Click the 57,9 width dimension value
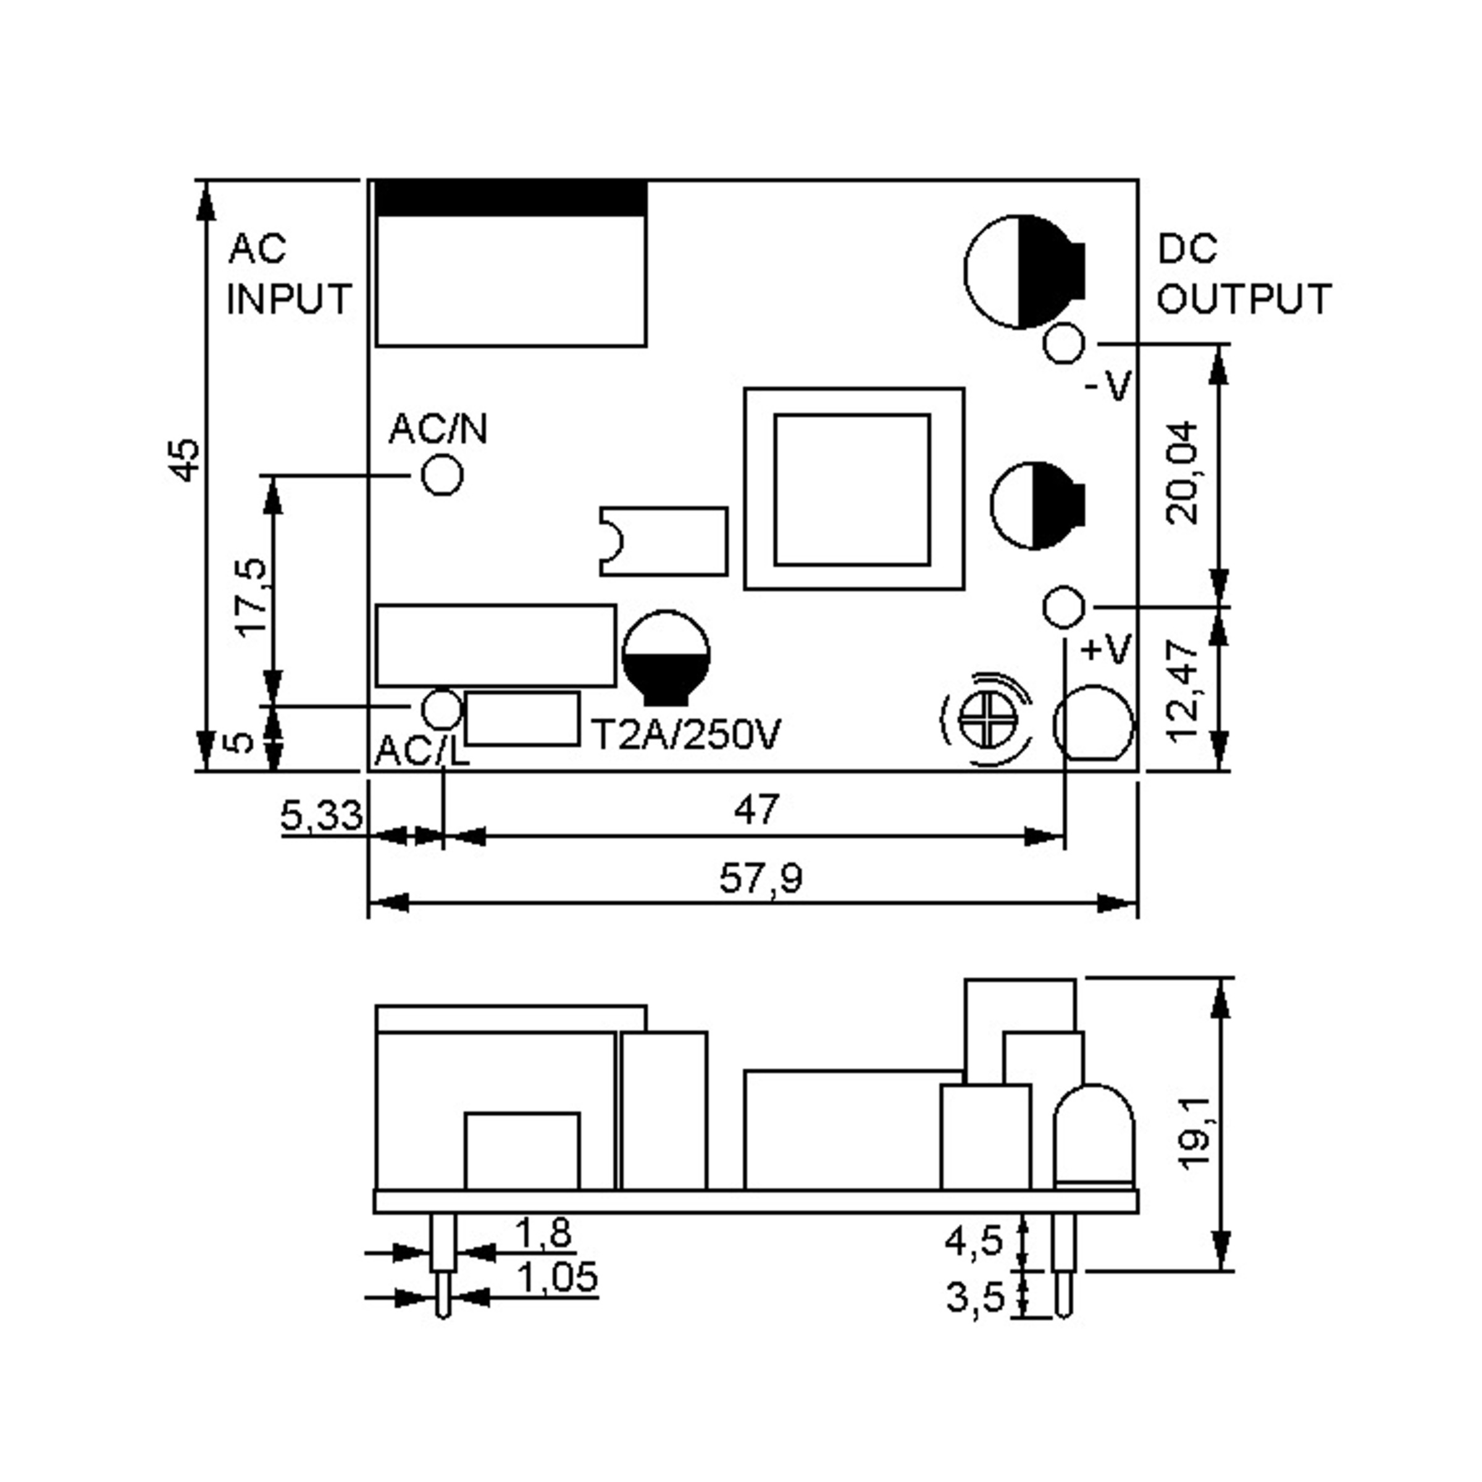coord(760,879)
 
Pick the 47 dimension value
coord(756,810)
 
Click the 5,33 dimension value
coord(320,815)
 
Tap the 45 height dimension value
coord(185,460)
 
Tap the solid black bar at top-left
coord(511,198)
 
